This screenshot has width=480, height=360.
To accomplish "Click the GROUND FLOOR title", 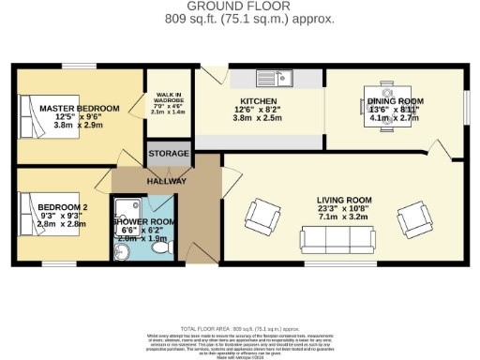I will [x=239, y=7].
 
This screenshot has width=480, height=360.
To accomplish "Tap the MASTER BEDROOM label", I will [x=79, y=109].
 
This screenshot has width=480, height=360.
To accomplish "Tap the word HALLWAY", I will [x=166, y=180].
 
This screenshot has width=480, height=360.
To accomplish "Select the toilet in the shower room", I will [x=158, y=247].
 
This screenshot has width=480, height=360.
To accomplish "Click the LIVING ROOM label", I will [x=342, y=200].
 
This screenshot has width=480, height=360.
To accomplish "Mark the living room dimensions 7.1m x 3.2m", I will [x=342, y=217].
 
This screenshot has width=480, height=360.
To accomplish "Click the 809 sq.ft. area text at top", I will [x=239, y=18].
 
